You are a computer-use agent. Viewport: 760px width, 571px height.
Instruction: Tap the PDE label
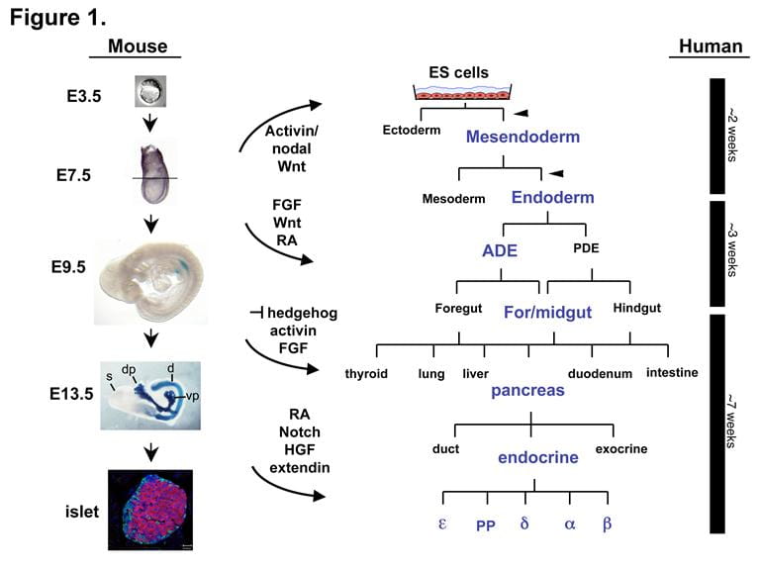(x=587, y=248)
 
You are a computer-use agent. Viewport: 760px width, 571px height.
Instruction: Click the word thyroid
(x=365, y=373)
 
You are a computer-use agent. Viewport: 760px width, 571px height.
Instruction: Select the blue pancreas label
(x=527, y=390)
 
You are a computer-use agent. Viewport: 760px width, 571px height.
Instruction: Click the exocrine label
(x=620, y=448)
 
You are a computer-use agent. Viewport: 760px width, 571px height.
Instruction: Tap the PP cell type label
(x=485, y=525)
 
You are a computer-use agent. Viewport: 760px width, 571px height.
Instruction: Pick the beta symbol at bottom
(x=607, y=523)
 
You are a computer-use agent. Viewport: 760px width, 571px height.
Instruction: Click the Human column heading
(x=705, y=47)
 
